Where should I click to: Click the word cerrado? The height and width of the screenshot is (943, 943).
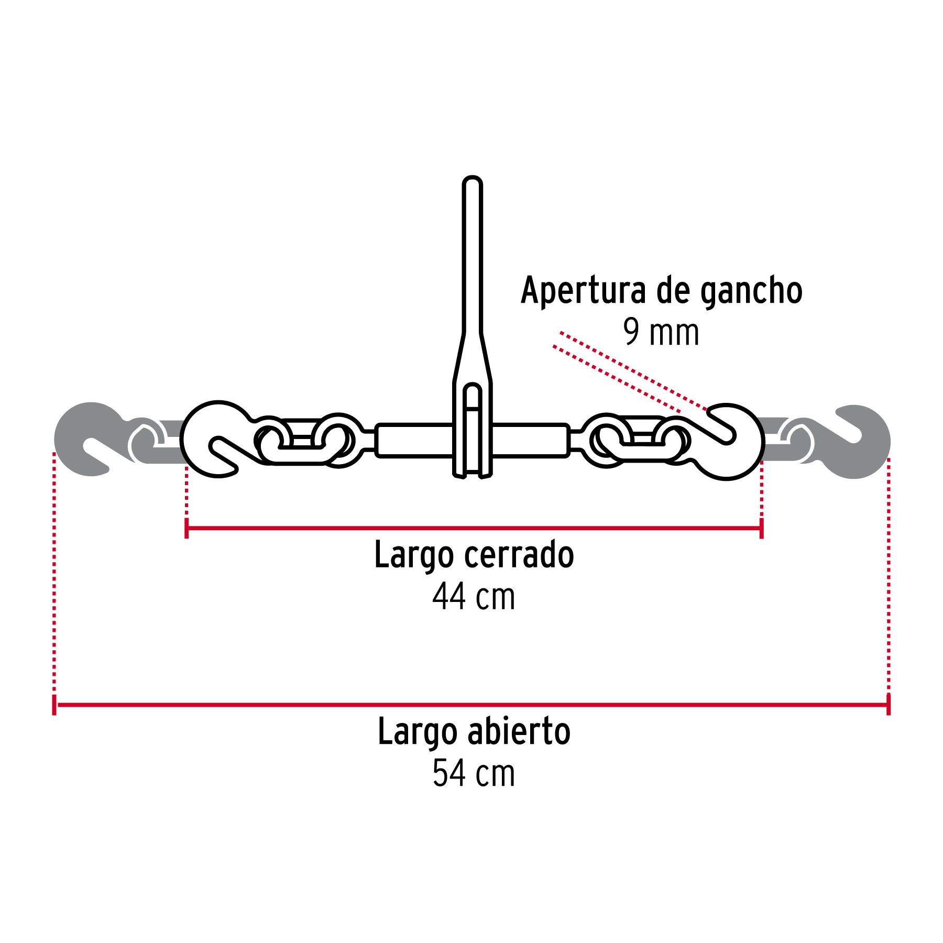[519, 555]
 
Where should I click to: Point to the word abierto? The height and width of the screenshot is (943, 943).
[519, 732]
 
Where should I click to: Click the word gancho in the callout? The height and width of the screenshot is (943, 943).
[751, 292]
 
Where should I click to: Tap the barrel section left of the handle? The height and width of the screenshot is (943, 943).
[414, 440]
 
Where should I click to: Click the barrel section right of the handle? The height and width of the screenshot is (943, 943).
[530, 440]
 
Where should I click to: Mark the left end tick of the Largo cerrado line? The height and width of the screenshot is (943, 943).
[187, 528]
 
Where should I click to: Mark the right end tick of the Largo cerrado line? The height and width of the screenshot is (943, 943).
[761, 528]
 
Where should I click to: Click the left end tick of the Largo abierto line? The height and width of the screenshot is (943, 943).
[54, 705]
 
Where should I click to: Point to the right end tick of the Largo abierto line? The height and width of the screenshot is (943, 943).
[889, 705]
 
